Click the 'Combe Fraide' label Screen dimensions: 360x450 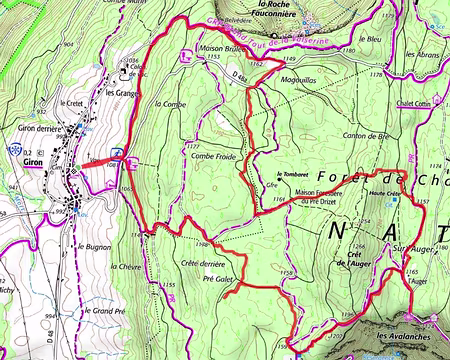coord(210,156)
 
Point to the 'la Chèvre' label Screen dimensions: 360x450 coord(126,269)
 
